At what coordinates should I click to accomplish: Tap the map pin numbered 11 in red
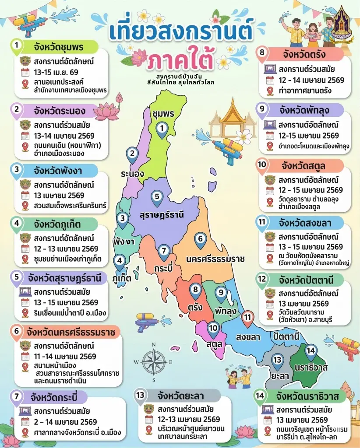tap(248, 318)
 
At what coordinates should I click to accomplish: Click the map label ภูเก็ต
tap(122, 278)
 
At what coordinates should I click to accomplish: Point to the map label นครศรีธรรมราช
tap(215, 259)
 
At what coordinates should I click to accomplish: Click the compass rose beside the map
tap(154, 362)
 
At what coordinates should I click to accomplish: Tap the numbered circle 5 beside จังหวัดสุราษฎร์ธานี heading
tap(17, 277)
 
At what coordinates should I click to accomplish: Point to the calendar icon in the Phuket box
tap(25, 249)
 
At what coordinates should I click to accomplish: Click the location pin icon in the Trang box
tap(270, 91)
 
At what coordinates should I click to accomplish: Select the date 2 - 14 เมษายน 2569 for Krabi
tap(65, 422)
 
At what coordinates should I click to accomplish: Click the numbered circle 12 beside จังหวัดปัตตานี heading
tap(262, 279)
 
